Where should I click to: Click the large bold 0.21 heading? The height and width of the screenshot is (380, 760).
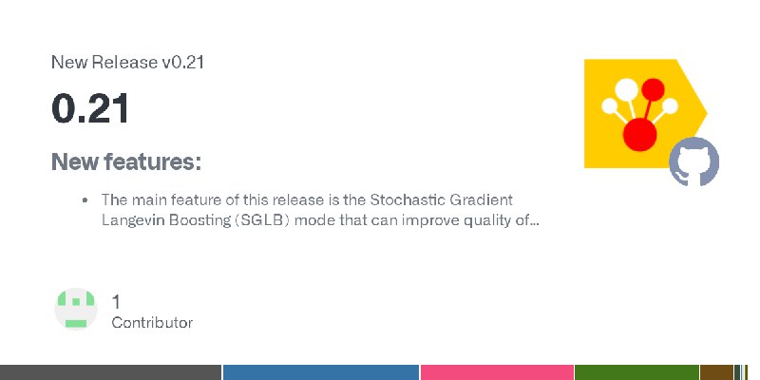[90, 108]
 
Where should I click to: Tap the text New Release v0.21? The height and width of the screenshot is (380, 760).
[127, 62]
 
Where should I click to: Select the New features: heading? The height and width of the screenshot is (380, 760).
[126, 161]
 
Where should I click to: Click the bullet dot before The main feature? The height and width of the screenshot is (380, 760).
[85, 200]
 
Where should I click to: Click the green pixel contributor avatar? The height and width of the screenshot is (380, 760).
[76, 309]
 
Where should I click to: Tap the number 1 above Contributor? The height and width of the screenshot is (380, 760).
[116, 302]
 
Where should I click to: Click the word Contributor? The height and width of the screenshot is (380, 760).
[152, 323]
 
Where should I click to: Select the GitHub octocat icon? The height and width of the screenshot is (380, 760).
[693, 161]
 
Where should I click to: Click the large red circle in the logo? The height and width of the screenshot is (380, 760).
[639, 134]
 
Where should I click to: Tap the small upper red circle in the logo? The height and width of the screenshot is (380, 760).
[653, 89]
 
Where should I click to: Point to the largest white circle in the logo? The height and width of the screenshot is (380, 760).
[626, 89]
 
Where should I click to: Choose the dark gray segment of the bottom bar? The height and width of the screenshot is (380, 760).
[110, 372]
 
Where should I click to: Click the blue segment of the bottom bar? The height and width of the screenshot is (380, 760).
[321, 372]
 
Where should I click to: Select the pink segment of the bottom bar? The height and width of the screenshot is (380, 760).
[497, 372]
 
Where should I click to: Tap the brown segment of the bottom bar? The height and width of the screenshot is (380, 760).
[717, 372]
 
